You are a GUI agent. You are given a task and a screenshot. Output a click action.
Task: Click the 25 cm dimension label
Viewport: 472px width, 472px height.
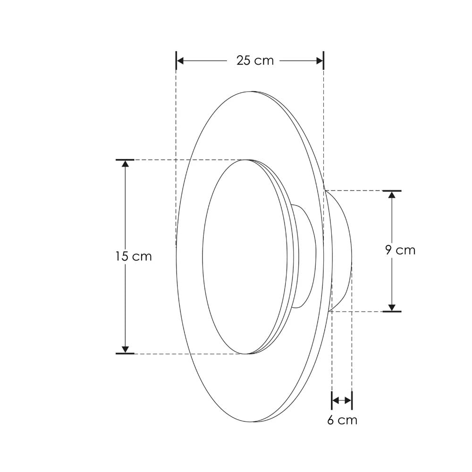click(x=255, y=61)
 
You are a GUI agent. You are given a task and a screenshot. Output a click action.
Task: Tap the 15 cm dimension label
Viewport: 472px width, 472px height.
click(x=133, y=256)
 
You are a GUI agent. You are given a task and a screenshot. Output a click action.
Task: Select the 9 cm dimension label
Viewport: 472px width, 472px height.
click(x=400, y=250)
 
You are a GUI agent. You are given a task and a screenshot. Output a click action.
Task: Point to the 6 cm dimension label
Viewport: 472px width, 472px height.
click(x=342, y=420)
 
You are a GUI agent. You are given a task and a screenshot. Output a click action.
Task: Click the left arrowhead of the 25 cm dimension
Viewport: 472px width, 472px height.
click(x=180, y=61)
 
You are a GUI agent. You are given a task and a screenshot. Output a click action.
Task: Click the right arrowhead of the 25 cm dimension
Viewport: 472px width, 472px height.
click(x=320, y=61)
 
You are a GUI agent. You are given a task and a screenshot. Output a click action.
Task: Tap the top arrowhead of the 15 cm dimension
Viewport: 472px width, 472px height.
click(x=125, y=164)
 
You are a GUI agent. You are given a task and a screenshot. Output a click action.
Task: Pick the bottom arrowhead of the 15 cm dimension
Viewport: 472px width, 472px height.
click(x=125, y=349)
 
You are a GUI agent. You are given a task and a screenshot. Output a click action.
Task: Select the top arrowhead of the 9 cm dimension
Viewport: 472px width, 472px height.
click(x=391, y=194)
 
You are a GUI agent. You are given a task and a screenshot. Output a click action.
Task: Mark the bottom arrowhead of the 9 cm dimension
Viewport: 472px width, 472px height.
click(x=391, y=307)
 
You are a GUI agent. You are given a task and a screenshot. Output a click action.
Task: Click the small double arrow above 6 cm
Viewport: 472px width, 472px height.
click(x=342, y=401)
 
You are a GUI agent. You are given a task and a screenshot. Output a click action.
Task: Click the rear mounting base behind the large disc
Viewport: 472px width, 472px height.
click(x=341, y=250)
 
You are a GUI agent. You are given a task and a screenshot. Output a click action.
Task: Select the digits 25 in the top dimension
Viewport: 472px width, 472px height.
click(x=244, y=61)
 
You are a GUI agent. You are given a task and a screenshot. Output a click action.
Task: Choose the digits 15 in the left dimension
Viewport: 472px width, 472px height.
click(x=121, y=256)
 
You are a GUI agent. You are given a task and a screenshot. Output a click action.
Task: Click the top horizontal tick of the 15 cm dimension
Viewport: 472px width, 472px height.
click(x=125, y=160)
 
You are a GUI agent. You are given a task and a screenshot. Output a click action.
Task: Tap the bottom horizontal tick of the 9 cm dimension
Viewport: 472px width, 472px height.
click(x=391, y=312)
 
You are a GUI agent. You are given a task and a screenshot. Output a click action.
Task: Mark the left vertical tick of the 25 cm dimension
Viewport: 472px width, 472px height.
click(x=176, y=61)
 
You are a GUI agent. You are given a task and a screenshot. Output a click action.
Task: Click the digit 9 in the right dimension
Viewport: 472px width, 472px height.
click(x=388, y=250)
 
